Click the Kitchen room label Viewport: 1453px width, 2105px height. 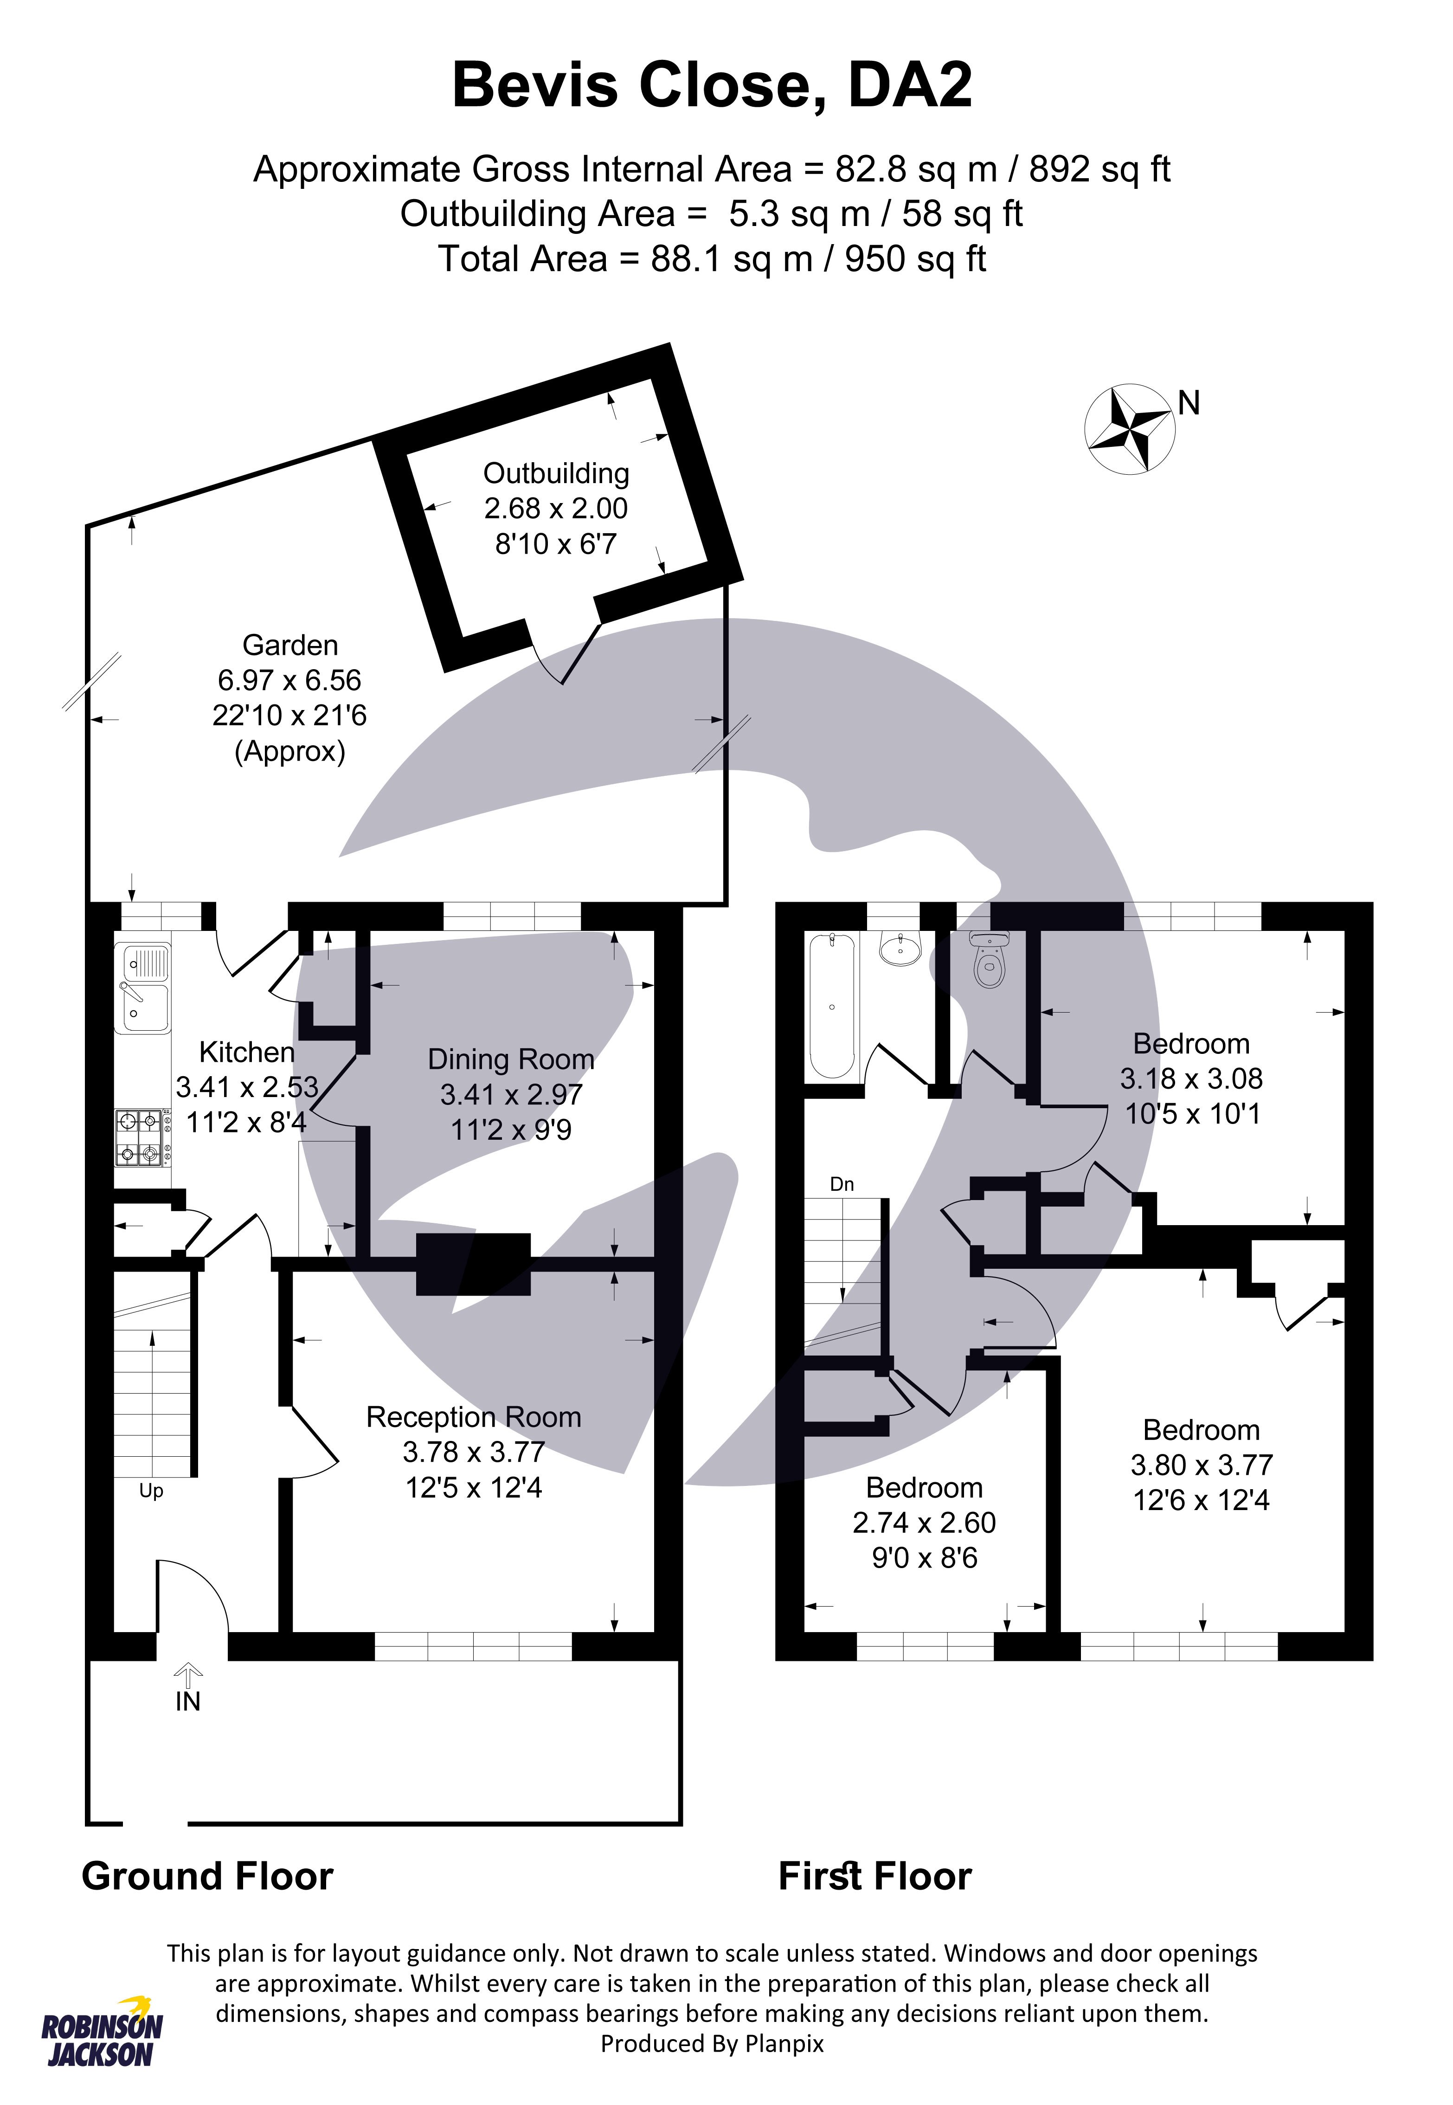pyautogui.click(x=247, y=1052)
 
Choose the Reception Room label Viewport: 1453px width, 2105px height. pyautogui.click(x=473, y=1418)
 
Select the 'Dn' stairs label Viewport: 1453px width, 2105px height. pyautogui.click(x=842, y=1184)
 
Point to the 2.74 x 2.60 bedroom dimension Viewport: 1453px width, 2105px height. pyautogui.click(x=924, y=1523)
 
